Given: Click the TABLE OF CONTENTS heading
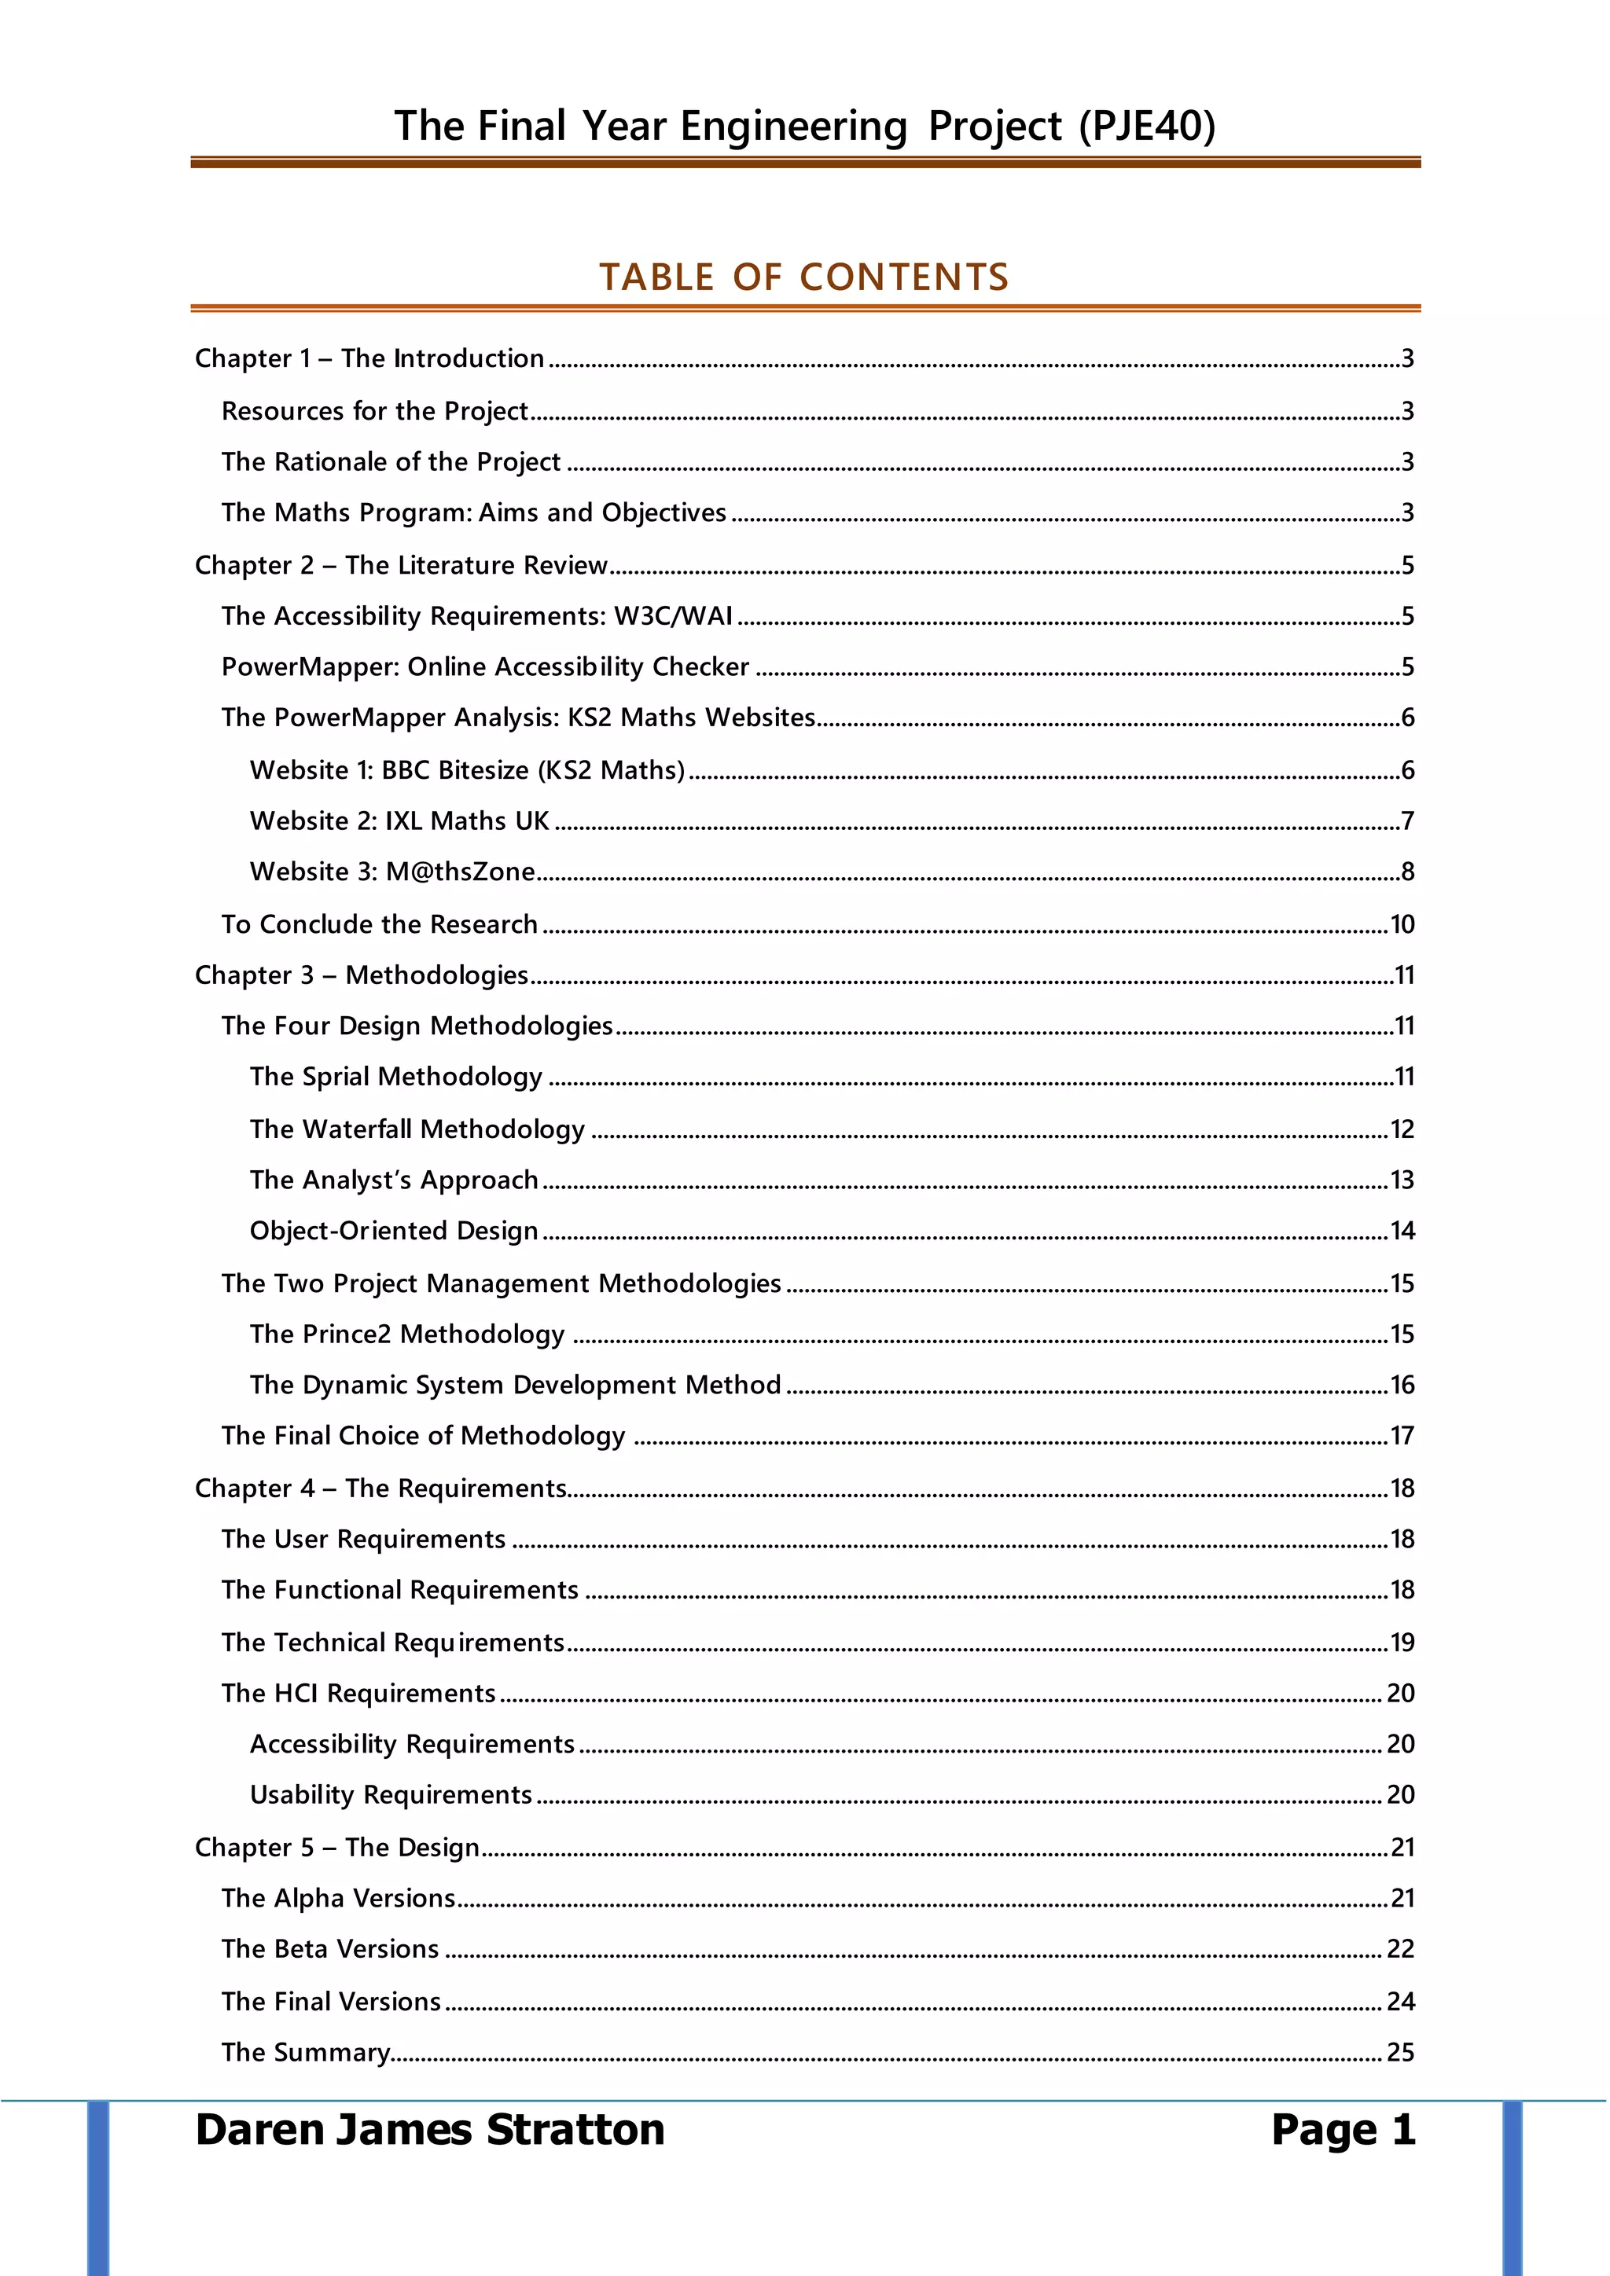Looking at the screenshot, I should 804,277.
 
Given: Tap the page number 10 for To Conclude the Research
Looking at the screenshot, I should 1402,925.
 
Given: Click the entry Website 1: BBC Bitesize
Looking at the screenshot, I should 467,770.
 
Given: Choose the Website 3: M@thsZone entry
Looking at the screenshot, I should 391,872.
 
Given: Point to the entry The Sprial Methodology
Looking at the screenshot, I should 395,1077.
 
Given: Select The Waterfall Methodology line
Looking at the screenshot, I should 417,1129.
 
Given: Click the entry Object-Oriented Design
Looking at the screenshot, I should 394,1232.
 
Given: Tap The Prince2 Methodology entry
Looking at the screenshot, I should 406,1334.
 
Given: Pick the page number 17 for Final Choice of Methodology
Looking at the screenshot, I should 1402,1437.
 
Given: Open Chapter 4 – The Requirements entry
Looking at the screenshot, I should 380,1489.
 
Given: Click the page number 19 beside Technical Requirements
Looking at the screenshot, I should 1402,1643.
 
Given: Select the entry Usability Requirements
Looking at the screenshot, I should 391,1795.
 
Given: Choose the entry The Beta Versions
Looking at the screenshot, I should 329,1949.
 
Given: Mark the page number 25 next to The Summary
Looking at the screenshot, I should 1400,2052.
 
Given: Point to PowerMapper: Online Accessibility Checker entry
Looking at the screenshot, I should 485,667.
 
